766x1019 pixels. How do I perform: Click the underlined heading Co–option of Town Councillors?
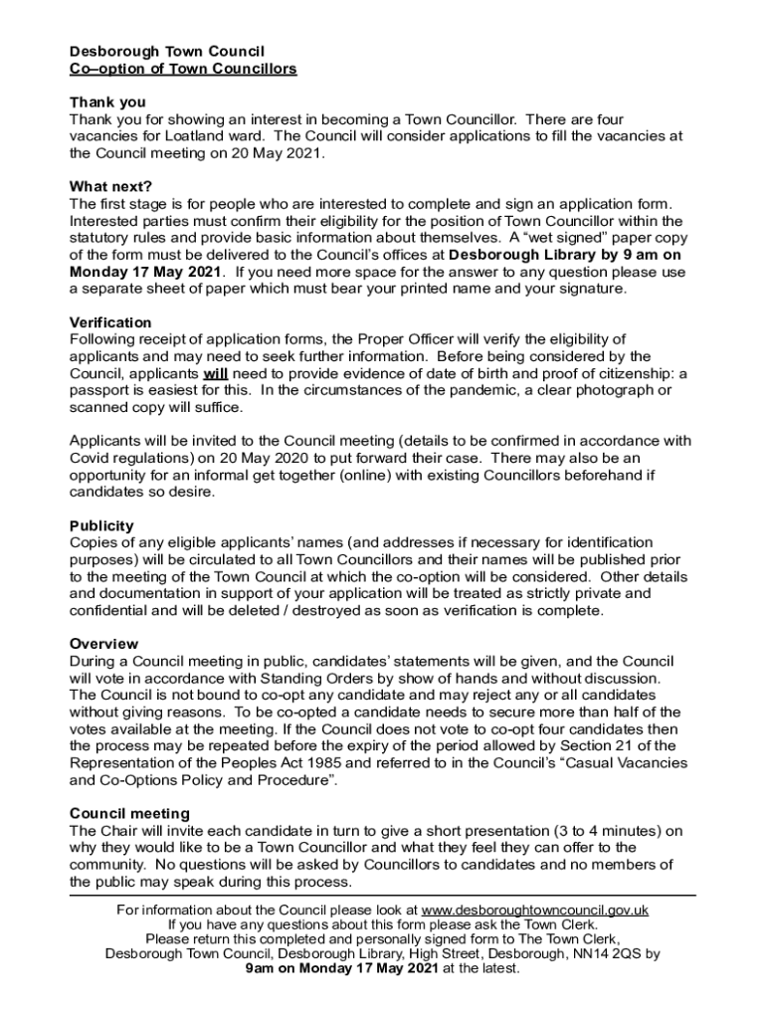point(183,69)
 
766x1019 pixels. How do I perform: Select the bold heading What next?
point(109,186)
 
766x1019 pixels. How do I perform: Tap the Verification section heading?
point(110,322)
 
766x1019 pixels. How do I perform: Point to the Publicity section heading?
point(101,525)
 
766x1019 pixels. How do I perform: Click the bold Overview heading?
point(104,644)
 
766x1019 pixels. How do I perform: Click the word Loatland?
point(197,136)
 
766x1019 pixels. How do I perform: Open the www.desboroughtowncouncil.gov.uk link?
point(535,910)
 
